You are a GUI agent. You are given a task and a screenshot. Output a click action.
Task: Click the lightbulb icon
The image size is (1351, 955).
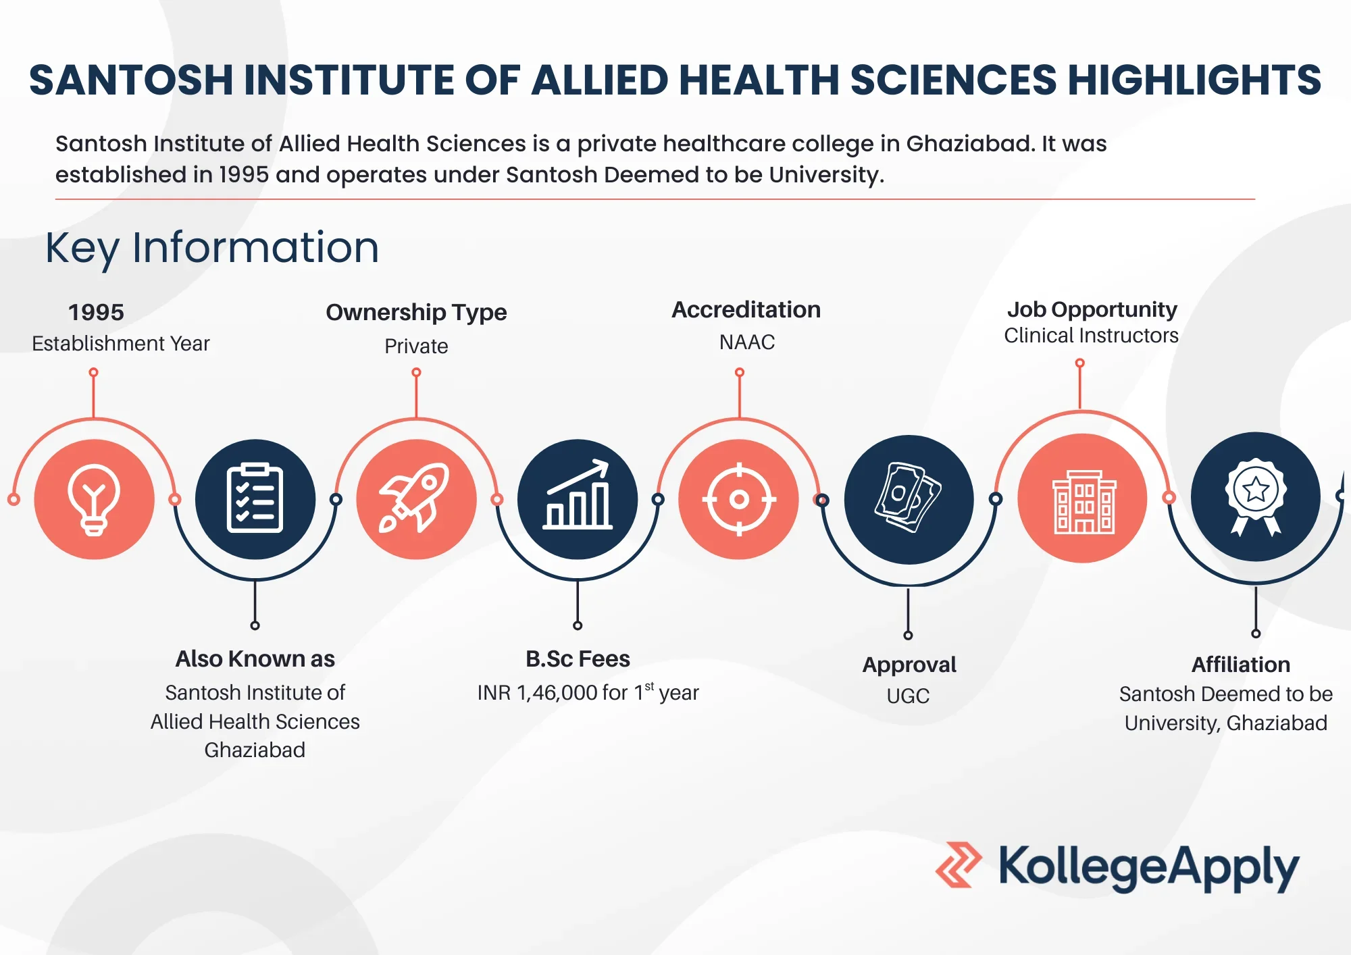pyautogui.click(x=94, y=499)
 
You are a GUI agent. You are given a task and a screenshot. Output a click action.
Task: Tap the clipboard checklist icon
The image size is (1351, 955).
pyautogui.click(x=255, y=498)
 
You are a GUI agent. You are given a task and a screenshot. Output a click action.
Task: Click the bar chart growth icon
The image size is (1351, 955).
pyautogui.click(x=578, y=494)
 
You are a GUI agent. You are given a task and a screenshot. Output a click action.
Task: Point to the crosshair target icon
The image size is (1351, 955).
pyautogui.click(x=739, y=499)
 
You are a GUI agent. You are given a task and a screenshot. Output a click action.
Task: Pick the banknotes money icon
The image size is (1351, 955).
pyautogui.click(x=909, y=497)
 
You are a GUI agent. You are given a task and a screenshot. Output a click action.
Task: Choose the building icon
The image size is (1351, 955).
pyautogui.click(x=1084, y=502)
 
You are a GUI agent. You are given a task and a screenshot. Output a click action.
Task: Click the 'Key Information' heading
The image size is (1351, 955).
pyautogui.click(x=212, y=247)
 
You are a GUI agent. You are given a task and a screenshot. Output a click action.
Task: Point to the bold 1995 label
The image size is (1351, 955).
pyautogui.click(x=96, y=312)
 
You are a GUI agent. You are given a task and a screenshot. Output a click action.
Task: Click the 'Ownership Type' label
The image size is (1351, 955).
pyautogui.click(x=416, y=313)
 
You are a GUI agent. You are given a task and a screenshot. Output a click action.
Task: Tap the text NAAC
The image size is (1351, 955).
pyautogui.click(x=747, y=342)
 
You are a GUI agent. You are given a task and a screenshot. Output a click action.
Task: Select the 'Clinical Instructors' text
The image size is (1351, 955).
pyautogui.click(x=1091, y=336)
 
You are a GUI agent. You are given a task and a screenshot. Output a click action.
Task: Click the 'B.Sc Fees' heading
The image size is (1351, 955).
pyautogui.click(x=578, y=659)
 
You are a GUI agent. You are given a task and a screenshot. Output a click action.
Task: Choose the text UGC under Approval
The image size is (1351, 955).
pyautogui.click(x=908, y=696)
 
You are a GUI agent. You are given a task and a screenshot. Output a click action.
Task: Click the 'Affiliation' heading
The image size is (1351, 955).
pyautogui.click(x=1241, y=665)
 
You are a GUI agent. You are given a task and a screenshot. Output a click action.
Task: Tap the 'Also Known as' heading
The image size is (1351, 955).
pyautogui.click(x=255, y=659)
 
